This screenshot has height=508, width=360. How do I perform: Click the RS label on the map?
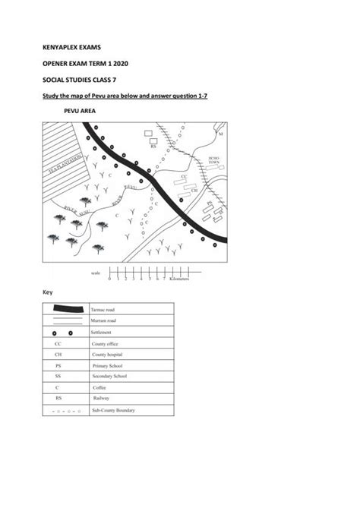pos(153,146)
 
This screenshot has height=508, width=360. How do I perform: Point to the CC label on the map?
pos(183,176)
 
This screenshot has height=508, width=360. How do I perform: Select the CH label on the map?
pos(194,190)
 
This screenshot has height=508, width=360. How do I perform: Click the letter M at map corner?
pos(221,134)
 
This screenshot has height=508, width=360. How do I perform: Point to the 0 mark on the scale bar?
pos(109,279)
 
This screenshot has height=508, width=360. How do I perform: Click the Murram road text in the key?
pos(106,321)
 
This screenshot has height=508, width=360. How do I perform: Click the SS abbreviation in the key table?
pos(58,377)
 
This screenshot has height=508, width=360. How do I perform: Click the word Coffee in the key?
pos(99,387)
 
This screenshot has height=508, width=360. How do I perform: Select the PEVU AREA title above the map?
pos(80,111)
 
